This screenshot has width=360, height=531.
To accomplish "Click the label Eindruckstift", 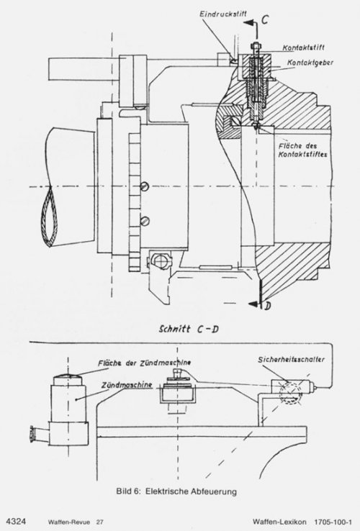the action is pos(223,14).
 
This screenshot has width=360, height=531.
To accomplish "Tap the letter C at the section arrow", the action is pos(264,19).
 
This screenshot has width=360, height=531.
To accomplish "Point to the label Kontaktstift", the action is pos(303,47).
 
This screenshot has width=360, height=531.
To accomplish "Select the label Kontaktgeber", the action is pos(310,63).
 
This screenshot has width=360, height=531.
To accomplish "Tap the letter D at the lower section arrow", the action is pos(267,307).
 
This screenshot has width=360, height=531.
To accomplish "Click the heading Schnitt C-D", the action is pos(189,329).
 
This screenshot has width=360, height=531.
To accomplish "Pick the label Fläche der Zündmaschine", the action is pos(145,363).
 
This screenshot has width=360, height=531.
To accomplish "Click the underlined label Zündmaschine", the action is pos(127,385).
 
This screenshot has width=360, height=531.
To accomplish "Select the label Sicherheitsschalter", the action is pos(291,359).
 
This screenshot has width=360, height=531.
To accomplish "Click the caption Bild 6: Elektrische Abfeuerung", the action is pos(176,491).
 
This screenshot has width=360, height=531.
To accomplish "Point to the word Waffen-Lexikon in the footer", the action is pos(279,522).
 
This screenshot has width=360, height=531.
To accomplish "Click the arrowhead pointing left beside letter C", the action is pos(249,22).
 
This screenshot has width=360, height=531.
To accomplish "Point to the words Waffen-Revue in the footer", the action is pos(69,522).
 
